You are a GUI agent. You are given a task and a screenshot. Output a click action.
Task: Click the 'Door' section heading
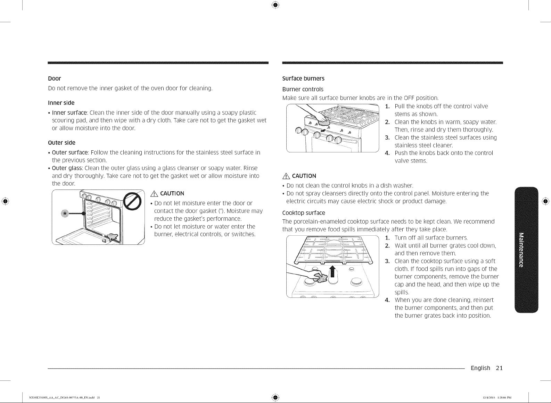tap(54, 78)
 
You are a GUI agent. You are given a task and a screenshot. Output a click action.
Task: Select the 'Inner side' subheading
tap(61, 103)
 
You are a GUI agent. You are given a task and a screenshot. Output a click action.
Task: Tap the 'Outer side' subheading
tap(61, 143)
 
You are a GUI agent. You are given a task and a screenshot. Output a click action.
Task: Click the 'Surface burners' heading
tap(303, 78)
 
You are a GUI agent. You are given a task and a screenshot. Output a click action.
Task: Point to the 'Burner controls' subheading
tap(303, 89)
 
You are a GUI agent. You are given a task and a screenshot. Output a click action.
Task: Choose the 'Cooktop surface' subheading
tap(304, 213)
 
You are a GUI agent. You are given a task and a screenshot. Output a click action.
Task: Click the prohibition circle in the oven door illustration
tap(132, 201)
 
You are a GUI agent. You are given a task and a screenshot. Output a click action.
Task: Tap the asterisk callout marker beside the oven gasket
tap(65, 213)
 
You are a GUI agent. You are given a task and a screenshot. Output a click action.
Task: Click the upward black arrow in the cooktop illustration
tap(332, 271)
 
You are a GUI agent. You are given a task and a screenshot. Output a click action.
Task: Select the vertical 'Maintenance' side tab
tap(526, 250)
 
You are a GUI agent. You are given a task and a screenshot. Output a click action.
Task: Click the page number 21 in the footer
tap(499, 368)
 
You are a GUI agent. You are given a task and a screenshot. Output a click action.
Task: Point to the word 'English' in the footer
tap(480, 368)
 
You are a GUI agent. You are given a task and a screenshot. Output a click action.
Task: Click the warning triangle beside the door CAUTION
tap(155, 194)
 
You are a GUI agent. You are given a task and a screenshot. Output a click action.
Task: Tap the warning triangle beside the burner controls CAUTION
tap(286, 176)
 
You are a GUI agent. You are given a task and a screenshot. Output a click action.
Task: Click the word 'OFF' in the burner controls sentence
tap(409, 98)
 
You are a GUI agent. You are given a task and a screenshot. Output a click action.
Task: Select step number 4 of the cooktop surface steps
tap(387, 300)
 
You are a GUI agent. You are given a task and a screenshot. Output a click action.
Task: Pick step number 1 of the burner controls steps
tap(387, 107)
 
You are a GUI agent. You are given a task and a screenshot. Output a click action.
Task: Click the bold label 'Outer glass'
tap(67, 168)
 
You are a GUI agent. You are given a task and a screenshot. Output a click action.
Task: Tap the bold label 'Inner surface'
tap(69, 112)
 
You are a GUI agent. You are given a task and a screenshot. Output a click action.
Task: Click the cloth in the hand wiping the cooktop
tap(320, 278)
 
